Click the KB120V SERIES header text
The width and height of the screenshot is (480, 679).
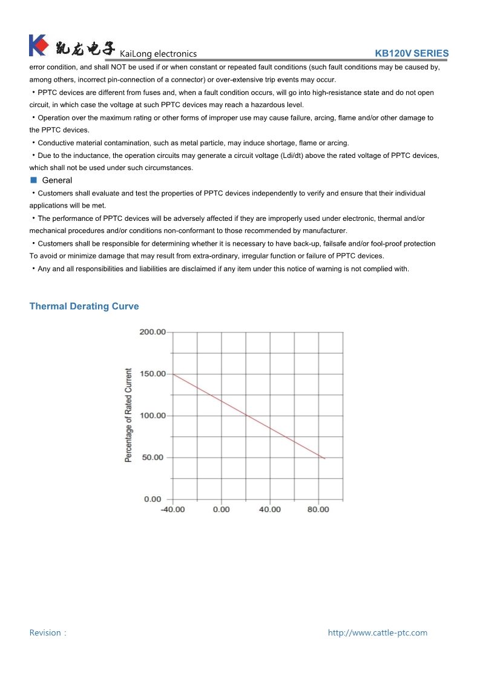click(x=412, y=53)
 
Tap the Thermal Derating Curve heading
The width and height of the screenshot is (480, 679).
click(x=84, y=306)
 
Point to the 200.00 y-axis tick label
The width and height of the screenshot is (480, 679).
click(x=152, y=332)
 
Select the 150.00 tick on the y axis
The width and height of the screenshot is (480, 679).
click(x=152, y=374)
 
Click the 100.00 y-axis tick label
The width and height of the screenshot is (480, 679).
click(x=152, y=416)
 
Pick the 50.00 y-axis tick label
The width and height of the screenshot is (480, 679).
click(x=153, y=458)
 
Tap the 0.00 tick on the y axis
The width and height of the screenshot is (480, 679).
click(x=153, y=499)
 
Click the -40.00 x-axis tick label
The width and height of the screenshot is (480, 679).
click(x=173, y=510)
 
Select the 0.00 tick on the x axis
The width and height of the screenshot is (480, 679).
click(x=222, y=510)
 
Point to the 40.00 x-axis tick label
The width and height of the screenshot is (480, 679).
click(x=270, y=510)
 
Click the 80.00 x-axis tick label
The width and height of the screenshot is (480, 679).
click(x=318, y=510)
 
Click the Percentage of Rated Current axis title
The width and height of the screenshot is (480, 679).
click(x=128, y=415)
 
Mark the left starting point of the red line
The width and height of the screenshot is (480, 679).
click(x=173, y=374)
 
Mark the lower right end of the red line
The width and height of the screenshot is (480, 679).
click(x=325, y=459)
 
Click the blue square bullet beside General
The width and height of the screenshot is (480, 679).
click(x=34, y=180)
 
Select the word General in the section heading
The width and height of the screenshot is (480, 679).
click(x=57, y=180)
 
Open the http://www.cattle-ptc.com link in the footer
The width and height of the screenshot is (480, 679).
click(x=377, y=632)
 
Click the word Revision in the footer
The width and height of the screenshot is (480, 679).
click(x=45, y=632)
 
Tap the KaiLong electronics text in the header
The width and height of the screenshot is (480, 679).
click(x=159, y=54)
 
